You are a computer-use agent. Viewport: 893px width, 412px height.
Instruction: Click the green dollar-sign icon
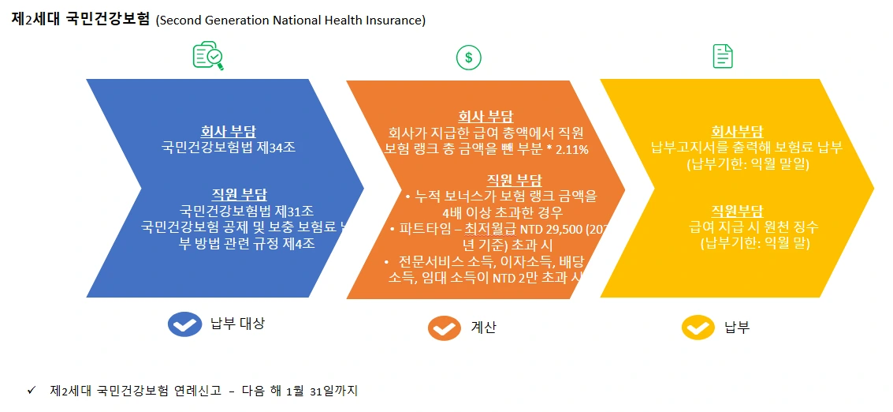[469, 57]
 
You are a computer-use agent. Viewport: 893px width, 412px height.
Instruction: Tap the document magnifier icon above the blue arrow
[208, 56]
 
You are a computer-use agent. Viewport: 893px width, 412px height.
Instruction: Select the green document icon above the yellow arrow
[723, 56]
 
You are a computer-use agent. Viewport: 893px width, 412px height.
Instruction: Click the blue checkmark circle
[185, 324]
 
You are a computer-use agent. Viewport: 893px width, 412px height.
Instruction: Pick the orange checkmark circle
[445, 328]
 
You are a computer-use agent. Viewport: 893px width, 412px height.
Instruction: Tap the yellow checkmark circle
[698, 328]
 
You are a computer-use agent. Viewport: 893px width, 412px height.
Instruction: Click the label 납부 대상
[237, 324]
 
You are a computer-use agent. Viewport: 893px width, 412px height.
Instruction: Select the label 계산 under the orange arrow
[484, 328]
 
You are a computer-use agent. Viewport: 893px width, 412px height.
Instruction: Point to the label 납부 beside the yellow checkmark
[736, 328]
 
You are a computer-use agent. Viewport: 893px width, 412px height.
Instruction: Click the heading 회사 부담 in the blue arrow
[228, 132]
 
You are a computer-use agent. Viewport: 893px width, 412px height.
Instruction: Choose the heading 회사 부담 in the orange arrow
[486, 118]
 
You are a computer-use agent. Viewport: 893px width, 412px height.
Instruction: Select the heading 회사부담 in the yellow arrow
[737, 132]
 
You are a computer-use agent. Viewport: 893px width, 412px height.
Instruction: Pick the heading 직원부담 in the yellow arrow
[737, 211]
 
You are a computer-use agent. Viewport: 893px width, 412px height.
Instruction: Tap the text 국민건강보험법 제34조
[228, 147]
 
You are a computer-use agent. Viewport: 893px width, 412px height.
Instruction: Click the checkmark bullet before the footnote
[32, 390]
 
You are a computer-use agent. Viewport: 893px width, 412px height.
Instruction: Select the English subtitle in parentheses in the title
[291, 21]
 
